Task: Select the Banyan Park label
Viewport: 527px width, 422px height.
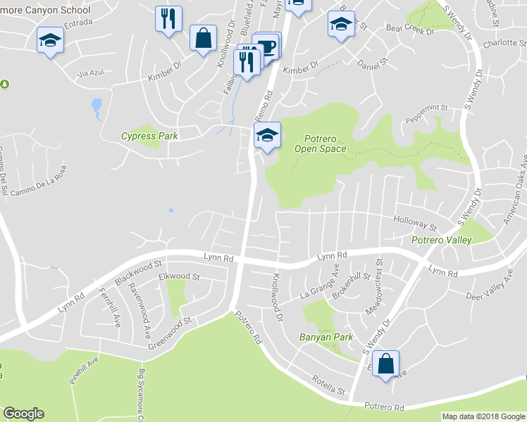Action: (x=325, y=338)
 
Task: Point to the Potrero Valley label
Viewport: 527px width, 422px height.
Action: (x=442, y=240)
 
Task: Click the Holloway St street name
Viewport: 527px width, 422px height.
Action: (x=416, y=223)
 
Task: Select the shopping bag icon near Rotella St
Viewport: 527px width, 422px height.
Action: (x=385, y=364)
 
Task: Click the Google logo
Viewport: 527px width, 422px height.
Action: (x=23, y=414)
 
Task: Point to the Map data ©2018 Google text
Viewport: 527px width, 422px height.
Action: (x=483, y=416)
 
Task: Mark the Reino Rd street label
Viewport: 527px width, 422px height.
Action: (x=262, y=106)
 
